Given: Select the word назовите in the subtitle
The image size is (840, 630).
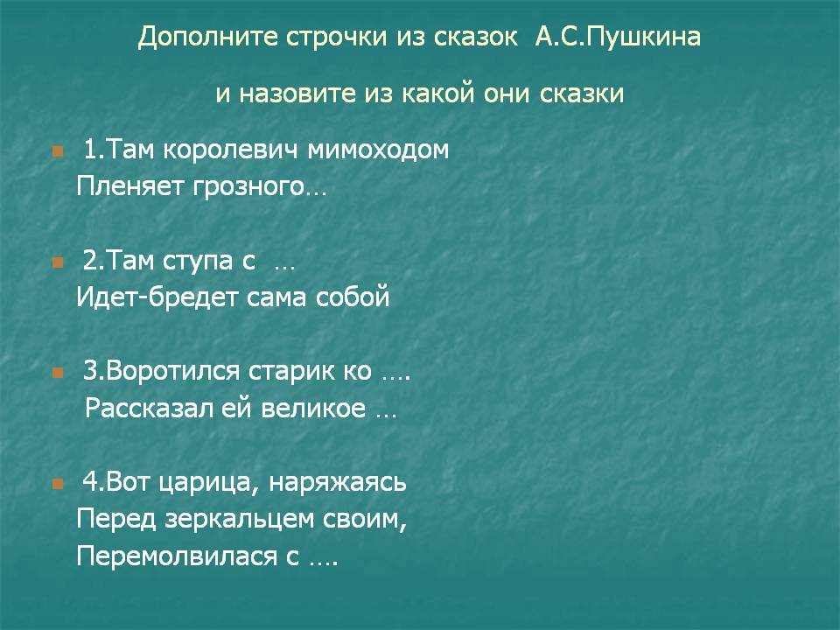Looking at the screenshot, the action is click(298, 94).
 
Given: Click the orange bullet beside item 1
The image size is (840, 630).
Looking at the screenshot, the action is click(58, 151).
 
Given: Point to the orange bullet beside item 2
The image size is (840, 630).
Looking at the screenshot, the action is click(58, 262).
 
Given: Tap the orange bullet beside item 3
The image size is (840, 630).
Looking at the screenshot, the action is click(58, 373).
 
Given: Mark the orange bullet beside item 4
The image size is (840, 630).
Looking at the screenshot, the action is click(58, 484).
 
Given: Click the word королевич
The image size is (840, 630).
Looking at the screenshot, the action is click(230, 150).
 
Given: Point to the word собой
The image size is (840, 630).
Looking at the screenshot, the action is click(353, 297).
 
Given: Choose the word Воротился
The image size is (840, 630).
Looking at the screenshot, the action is click(172, 372).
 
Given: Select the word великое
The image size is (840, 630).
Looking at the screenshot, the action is click(313, 409).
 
